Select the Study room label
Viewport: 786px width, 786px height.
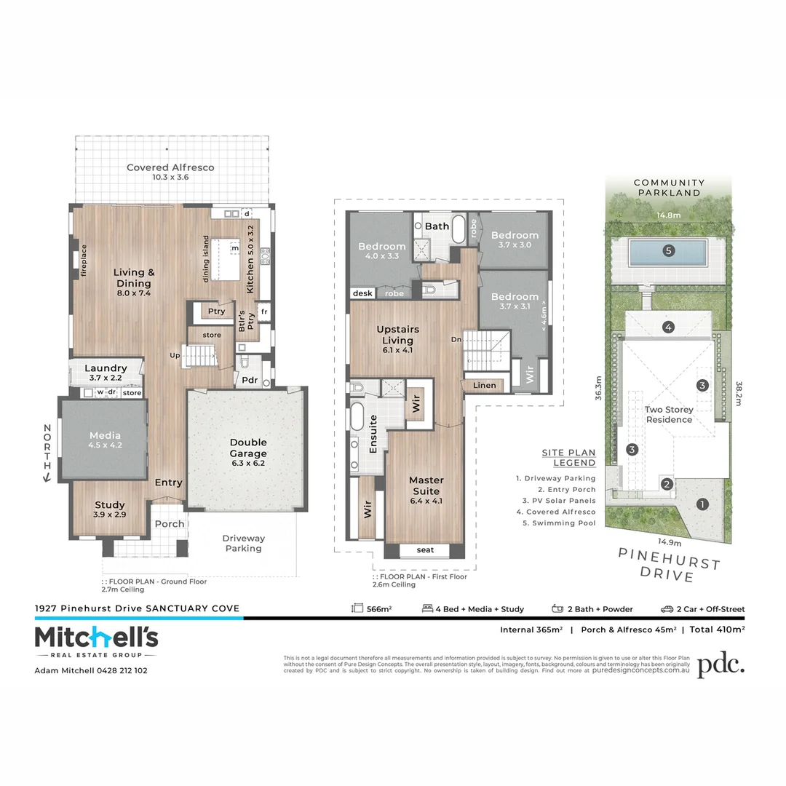click(x=110, y=504)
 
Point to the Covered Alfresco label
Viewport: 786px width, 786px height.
click(x=170, y=167)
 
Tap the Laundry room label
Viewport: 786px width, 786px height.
click(x=106, y=368)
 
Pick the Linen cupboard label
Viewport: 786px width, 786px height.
click(x=484, y=385)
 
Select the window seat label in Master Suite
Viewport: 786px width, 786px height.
click(x=426, y=550)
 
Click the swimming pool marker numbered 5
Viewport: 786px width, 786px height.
click(x=669, y=251)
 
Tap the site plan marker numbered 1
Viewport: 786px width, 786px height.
click(x=702, y=504)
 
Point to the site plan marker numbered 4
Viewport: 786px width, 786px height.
click(x=668, y=327)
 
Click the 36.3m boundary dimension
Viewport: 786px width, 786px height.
click(x=598, y=389)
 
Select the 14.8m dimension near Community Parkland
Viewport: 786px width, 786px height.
click(x=668, y=215)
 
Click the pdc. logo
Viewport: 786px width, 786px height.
click(x=720, y=664)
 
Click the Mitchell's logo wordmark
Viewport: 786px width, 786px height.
click(x=96, y=638)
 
